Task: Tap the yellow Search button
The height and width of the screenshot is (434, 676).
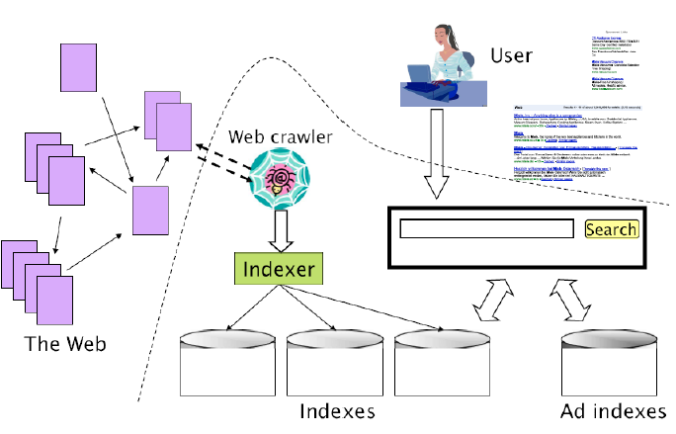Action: click(x=612, y=229)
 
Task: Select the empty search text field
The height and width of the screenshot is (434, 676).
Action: click(x=486, y=229)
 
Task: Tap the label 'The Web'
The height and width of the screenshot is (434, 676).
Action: click(x=66, y=344)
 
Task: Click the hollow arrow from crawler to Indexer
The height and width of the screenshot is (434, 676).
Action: click(x=279, y=231)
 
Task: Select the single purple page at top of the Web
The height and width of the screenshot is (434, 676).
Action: click(x=79, y=68)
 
